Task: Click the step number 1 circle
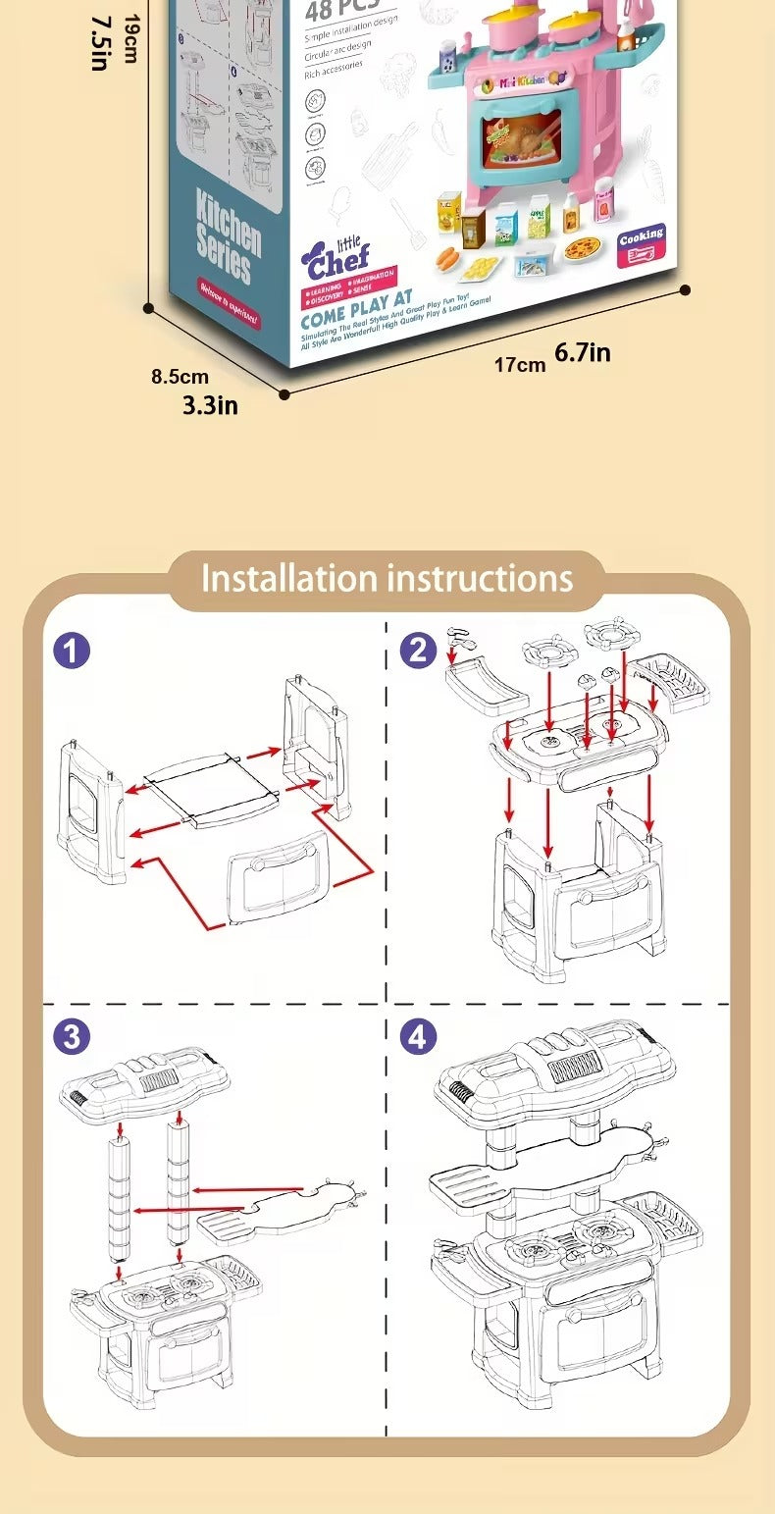point(72,651)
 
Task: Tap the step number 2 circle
point(419,651)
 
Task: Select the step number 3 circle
point(72,1037)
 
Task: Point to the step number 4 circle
point(419,1037)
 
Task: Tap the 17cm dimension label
point(519,365)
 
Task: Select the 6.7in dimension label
point(583,352)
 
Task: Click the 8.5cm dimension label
point(180,376)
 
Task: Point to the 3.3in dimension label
point(210,403)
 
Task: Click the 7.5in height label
point(99,42)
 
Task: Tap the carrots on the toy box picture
point(448,258)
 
